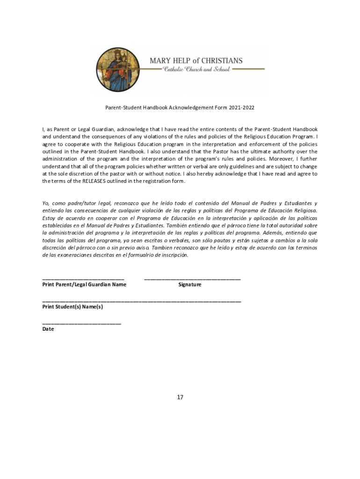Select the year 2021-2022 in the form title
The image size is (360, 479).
[x=242, y=108]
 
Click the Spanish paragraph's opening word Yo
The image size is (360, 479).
[x=45, y=203]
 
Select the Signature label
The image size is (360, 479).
[x=190, y=284]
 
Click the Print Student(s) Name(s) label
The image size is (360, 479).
[x=72, y=307]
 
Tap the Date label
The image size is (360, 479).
[x=48, y=329]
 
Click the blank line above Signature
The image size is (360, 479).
[x=192, y=279]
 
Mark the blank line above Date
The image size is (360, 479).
[x=82, y=323]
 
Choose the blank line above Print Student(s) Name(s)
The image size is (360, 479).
[x=142, y=301]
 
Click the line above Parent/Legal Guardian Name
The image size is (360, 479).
[x=83, y=279]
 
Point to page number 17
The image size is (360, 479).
[x=180, y=397]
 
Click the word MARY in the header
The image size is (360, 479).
[x=160, y=61]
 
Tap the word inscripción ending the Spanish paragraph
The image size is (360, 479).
[x=173, y=255]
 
